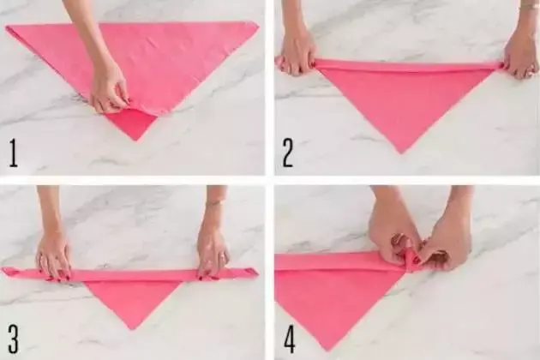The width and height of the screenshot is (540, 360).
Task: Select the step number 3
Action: [14, 339]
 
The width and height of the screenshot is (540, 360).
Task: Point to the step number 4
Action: [290, 339]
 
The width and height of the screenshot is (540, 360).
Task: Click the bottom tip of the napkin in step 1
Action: [135, 141]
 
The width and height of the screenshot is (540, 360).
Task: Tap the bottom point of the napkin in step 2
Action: [400, 153]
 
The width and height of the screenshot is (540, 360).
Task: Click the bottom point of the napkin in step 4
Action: [326, 351]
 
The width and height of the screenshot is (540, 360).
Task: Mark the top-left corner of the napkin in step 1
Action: [6, 27]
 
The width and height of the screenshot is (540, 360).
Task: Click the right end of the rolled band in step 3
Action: [250, 272]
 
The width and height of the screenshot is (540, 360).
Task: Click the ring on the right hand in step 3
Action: [225, 256]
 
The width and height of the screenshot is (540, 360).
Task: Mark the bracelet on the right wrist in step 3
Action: [214, 204]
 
